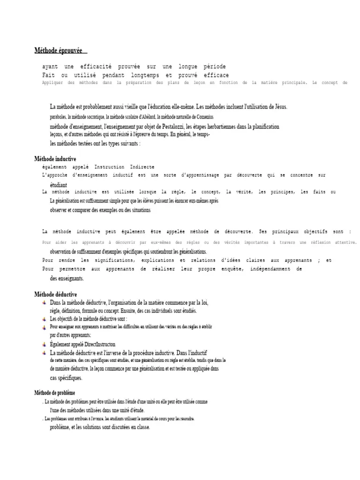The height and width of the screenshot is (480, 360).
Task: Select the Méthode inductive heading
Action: pos(55,159)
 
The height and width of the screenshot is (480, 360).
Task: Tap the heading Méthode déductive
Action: pos(56,294)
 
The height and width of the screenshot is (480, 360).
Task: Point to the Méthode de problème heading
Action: pos(55,393)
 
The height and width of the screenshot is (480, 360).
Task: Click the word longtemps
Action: pos(145,75)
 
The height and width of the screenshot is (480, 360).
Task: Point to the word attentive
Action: pos(345,242)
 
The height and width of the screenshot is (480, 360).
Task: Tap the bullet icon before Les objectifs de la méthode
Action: pos(44,319)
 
